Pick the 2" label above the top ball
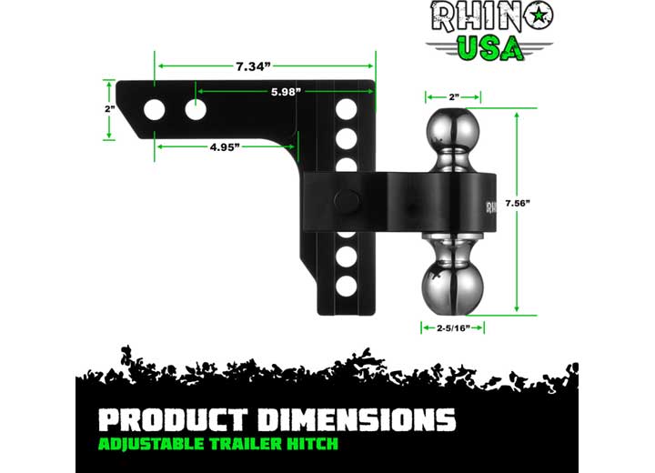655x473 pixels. point(452,95)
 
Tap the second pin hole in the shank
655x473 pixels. point(196,110)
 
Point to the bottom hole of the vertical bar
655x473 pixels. point(345,285)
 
